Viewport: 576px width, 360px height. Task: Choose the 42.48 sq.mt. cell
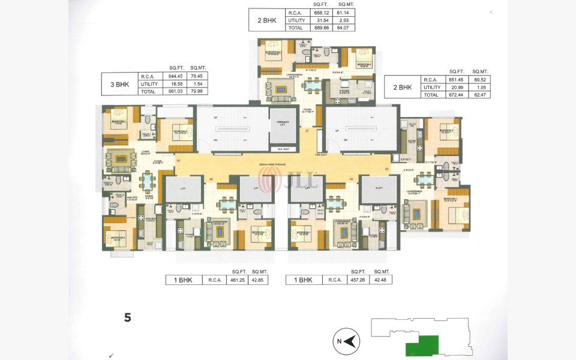(380, 280)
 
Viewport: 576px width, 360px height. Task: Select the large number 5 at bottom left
(128, 318)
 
